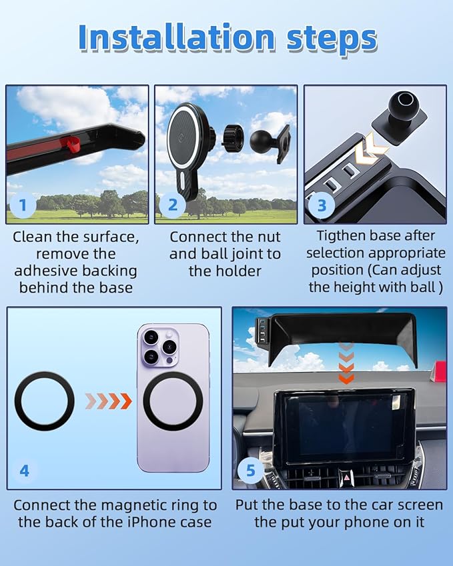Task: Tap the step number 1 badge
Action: [23, 205]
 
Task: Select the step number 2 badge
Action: [173, 205]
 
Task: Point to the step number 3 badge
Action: [322, 205]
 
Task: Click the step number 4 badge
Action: [25, 471]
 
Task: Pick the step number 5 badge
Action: [251, 471]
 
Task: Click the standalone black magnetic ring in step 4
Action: [45, 401]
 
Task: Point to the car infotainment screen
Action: [345, 425]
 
